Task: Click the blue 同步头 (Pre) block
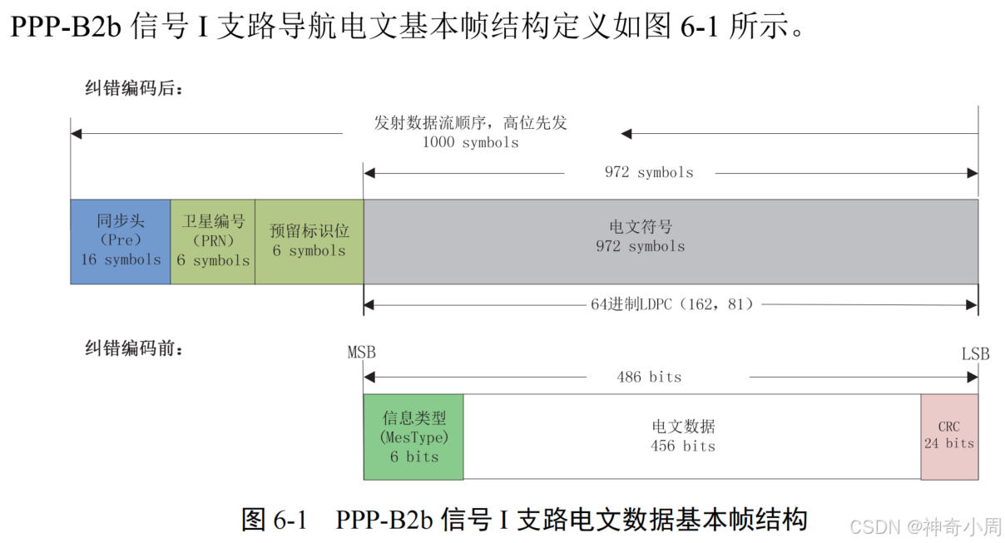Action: (x=121, y=241)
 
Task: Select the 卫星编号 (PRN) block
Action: (x=213, y=241)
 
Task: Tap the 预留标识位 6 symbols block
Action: (x=309, y=241)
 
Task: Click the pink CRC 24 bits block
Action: (x=948, y=437)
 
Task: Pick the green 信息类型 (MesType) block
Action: (x=413, y=437)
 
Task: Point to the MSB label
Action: (x=362, y=353)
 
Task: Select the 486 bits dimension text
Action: (x=649, y=378)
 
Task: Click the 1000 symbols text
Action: (x=470, y=142)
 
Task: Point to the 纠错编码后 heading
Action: (x=133, y=87)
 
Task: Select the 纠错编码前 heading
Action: (x=133, y=348)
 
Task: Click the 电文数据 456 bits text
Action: (x=683, y=437)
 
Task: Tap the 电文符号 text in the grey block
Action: (x=641, y=227)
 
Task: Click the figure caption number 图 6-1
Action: (x=275, y=521)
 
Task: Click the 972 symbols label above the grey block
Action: (x=649, y=173)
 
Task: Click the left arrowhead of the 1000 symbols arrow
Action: (x=76, y=134)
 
